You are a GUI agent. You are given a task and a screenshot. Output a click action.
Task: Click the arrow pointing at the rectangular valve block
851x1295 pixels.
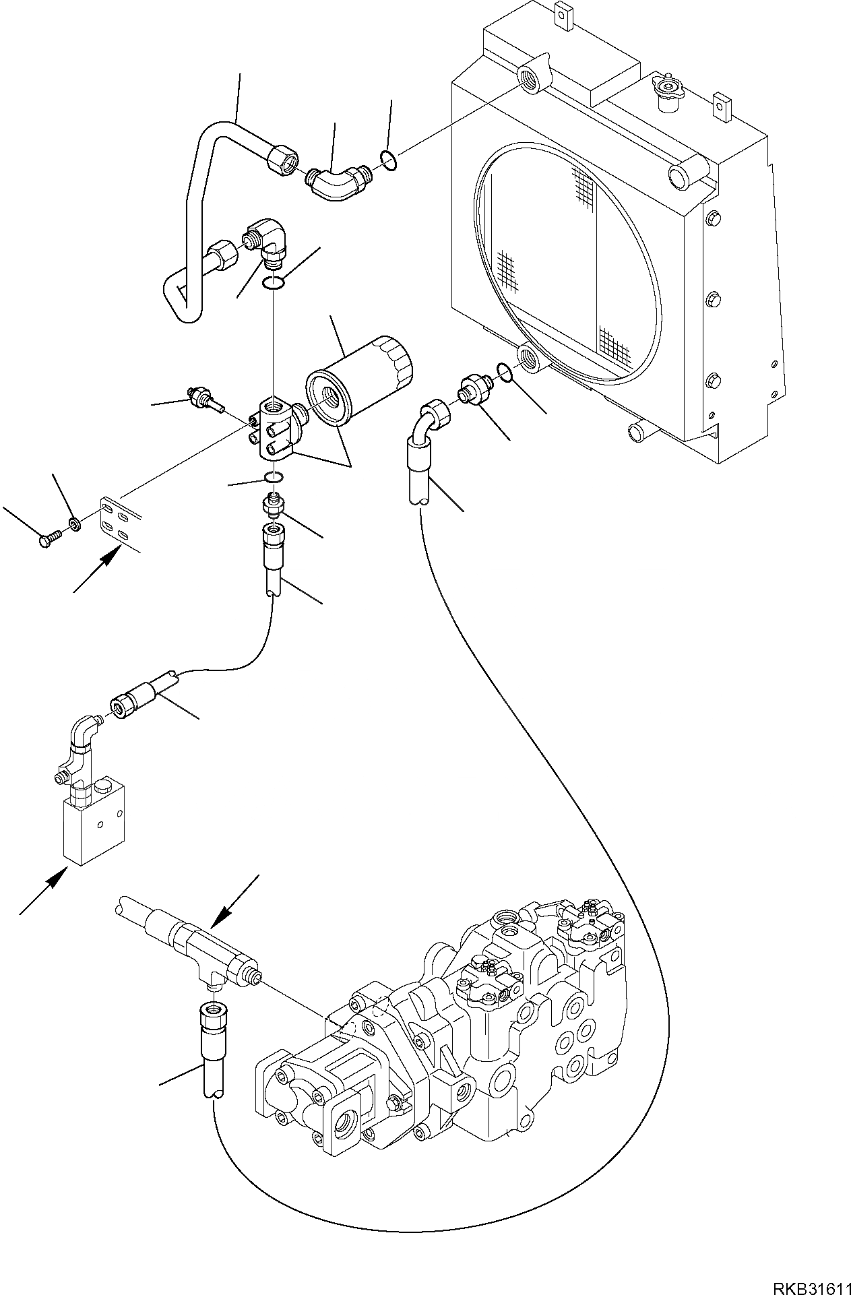point(43,891)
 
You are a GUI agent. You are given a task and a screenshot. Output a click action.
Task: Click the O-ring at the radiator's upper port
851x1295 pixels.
point(387,159)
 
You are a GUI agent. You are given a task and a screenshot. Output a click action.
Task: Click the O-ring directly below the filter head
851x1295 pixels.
point(274,478)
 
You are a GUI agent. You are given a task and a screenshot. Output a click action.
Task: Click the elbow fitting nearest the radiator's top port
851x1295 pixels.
point(337,181)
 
